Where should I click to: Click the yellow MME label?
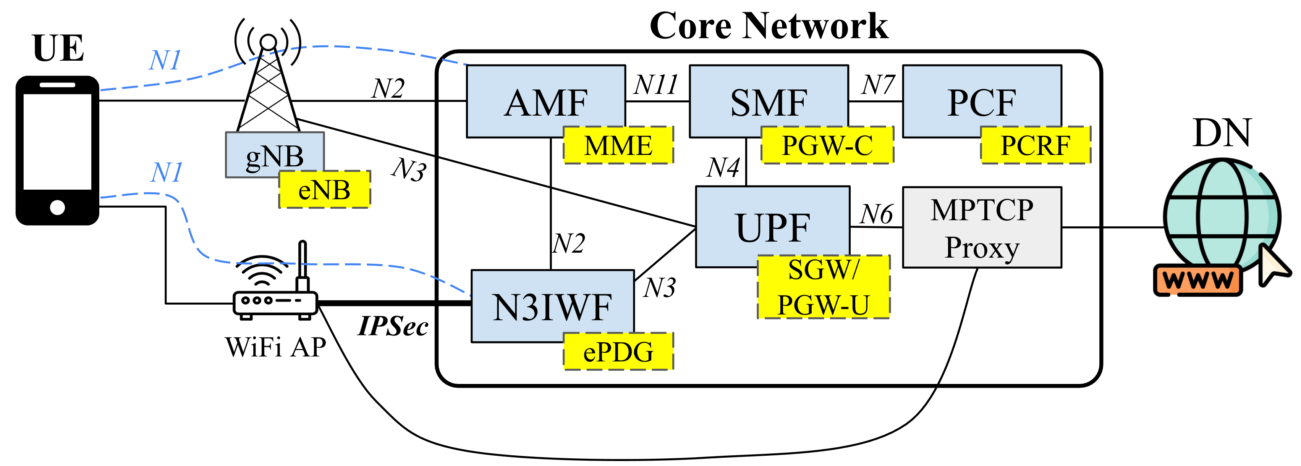coord(618,145)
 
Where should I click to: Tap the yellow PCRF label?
coord(1036,145)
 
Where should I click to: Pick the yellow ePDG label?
coord(618,352)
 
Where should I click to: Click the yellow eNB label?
coord(324,190)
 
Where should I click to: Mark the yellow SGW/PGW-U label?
coord(823,287)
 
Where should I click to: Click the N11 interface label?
coord(655,84)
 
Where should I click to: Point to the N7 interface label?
coord(878,84)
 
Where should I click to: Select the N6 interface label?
coord(877,214)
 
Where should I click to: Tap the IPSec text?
coord(393,326)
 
